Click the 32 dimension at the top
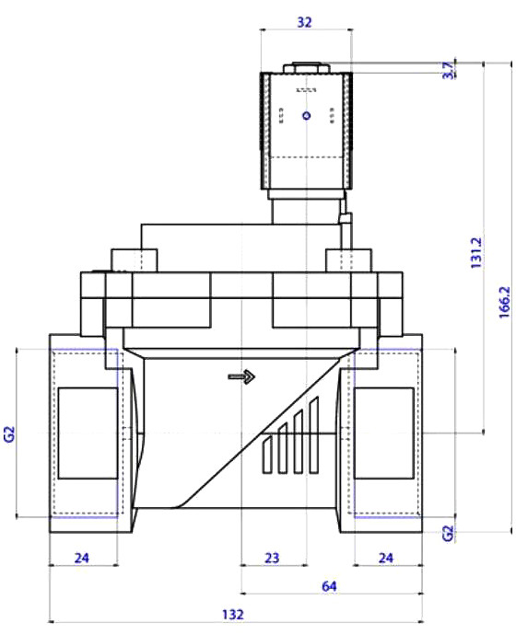coord(304,22)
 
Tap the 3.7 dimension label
coord(448,70)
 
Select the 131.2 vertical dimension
coord(476,253)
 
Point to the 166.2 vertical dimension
coord(505,302)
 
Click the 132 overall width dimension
coord(233,615)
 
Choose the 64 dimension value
coord(329,586)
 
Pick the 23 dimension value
coord(272,558)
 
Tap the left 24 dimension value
coord(81,558)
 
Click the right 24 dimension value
coord(385,558)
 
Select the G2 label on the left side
coord(9,433)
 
